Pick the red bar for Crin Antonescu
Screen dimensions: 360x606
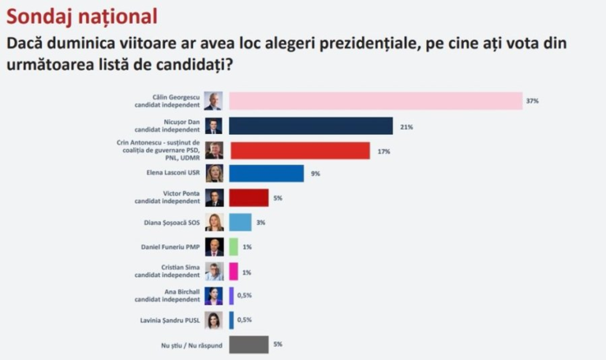299,151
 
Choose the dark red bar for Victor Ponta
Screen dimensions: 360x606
249,197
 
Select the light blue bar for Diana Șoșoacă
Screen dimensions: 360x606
240,223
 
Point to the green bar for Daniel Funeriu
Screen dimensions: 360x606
233,247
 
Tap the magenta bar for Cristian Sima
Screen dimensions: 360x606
233,272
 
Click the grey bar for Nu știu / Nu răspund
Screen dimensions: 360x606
249,344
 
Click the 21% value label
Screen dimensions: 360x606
406,126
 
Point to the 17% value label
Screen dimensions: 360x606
383,151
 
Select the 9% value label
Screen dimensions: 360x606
315,174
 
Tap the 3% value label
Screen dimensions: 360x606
260,223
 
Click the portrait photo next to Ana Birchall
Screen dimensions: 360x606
214,296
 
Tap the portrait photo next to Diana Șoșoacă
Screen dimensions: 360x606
214,223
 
